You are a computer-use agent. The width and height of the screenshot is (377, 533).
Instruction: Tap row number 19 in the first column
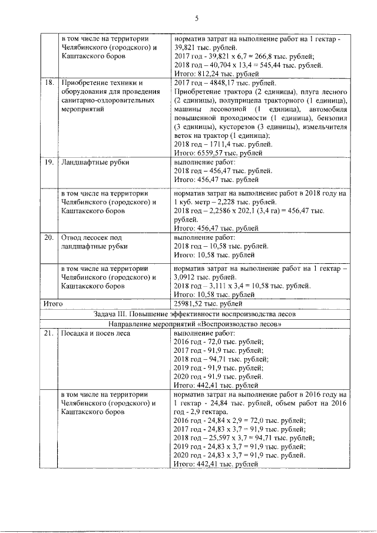point(49,161)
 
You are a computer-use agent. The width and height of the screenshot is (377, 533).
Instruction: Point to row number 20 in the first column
point(49,238)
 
